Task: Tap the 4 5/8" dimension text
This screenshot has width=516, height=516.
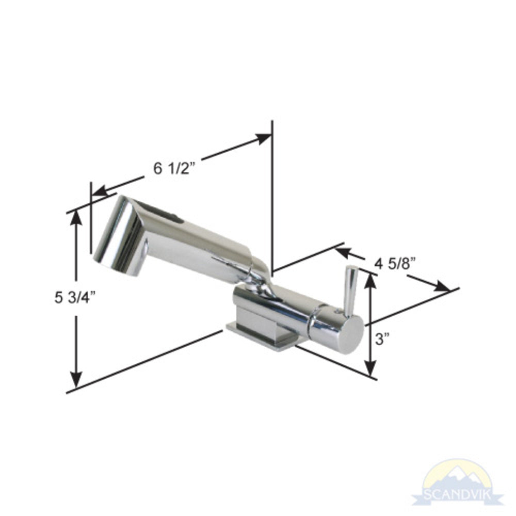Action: tap(396, 264)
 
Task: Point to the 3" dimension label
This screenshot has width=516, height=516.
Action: tap(382, 338)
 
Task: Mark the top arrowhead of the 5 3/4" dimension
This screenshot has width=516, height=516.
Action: tap(76, 218)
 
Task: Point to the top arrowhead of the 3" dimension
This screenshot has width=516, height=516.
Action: tap(370, 280)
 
